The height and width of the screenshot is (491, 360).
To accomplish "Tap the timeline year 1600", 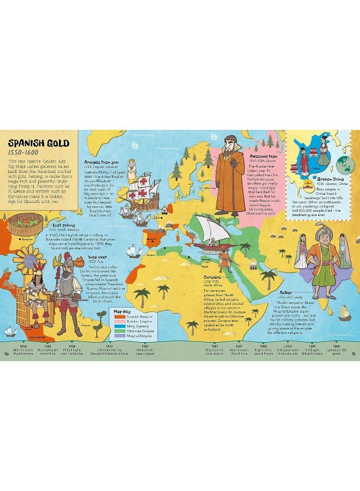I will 337,346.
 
